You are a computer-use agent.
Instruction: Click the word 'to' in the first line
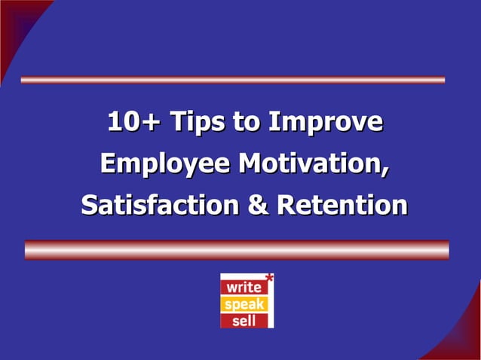(247, 123)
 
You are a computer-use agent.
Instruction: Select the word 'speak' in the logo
(242, 304)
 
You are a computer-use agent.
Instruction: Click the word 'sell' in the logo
(242, 320)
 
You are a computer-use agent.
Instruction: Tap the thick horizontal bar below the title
(237, 249)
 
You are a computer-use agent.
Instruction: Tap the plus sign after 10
(153, 123)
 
